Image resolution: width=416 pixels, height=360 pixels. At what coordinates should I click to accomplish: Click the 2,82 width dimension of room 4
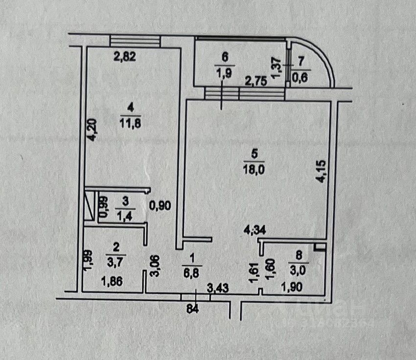pyautogui.click(x=124, y=56)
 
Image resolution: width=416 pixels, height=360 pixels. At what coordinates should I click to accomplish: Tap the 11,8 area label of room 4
pyautogui.click(x=129, y=123)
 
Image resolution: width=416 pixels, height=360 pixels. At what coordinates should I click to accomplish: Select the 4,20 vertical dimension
pyautogui.click(x=91, y=131)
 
